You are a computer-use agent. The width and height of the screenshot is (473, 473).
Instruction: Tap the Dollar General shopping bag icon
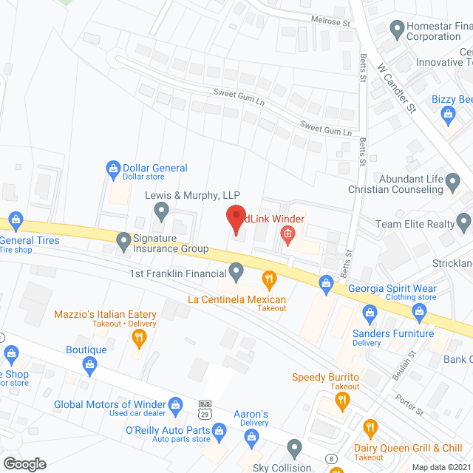click(113, 169)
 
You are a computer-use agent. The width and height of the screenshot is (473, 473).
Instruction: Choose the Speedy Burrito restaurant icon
click(341, 401)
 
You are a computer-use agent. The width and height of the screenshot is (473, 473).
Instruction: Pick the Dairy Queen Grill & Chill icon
click(370, 427)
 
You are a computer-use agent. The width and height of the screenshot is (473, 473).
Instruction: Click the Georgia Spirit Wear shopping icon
click(326, 282)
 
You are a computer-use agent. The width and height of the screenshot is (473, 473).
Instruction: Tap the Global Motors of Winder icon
click(175, 404)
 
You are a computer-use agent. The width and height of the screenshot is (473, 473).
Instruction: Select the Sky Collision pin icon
click(295, 446)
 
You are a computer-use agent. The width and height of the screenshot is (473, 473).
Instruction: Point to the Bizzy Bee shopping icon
click(448, 114)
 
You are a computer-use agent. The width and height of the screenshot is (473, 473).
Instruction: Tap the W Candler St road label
click(397, 86)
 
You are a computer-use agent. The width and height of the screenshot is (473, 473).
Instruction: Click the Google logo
click(24, 463)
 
